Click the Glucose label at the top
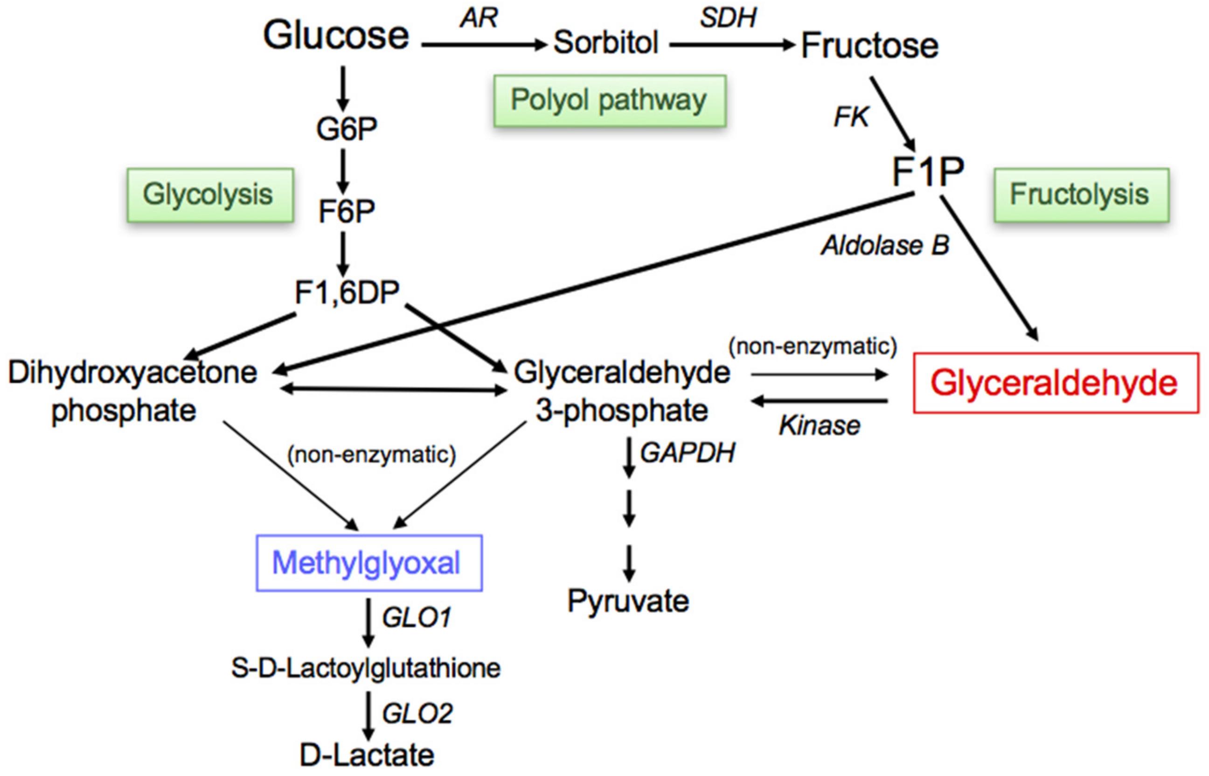click(x=336, y=36)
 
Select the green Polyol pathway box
click(x=609, y=100)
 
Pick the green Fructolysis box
click(x=1081, y=195)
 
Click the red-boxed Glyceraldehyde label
click(x=1056, y=383)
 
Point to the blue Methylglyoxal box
click(x=369, y=562)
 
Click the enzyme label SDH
click(x=728, y=18)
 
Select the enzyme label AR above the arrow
click(x=479, y=18)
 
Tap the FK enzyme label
click(x=851, y=117)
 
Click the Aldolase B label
click(x=885, y=246)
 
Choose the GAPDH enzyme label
click(x=687, y=452)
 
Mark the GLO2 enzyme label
click(x=417, y=714)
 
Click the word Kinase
click(x=820, y=426)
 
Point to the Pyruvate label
click(x=628, y=601)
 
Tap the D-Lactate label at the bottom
click(x=367, y=755)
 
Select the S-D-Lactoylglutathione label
click(x=366, y=668)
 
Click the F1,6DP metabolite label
click(x=347, y=292)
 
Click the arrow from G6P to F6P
click(x=343, y=171)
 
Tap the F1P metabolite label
click(x=928, y=171)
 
